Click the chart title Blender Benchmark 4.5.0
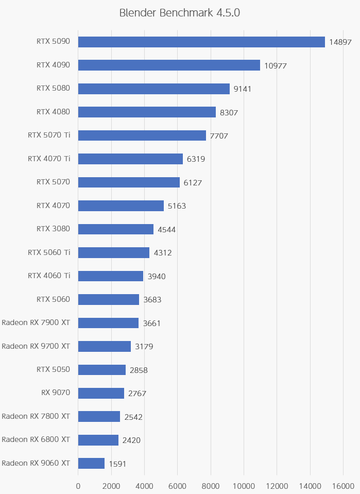point(180,13)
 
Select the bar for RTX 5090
point(201,42)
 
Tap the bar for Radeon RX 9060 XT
point(91,463)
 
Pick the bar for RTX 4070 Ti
point(130,159)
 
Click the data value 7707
point(219,136)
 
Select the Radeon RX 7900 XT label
point(36,322)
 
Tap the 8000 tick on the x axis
point(211,486)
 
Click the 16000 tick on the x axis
point(343,486)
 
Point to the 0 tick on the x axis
point(78,486)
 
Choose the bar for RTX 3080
point(116,229)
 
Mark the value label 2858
point(139,370)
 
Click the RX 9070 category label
point(56,393)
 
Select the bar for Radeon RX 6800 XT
point(98,440)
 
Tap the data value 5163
point(177,206)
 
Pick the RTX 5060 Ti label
point(49,252)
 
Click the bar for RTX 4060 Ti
point(111,276)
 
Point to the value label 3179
point(144,347)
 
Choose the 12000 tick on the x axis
point(277,486)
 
